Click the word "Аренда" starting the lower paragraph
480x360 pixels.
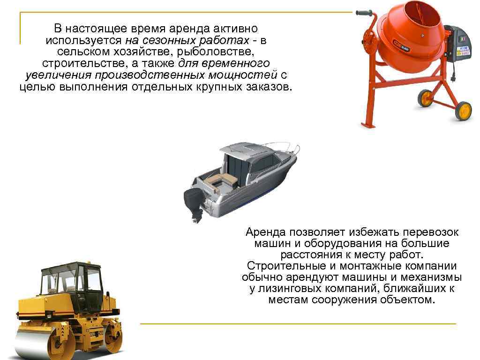pyautogui.click(x=265, y=232)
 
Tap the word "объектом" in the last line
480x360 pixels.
pyautogui.click(x=407, y=300)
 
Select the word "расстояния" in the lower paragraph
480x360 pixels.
pyautogui.click(x=311, y=255)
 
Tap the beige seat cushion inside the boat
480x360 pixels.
pyautogui.click(x=222, y=181)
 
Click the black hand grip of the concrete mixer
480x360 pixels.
pyautogui.click(x=365, y=13)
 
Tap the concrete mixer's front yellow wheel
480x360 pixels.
pyautogui.click(x=463, y=111)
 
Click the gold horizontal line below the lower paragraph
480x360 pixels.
pyautogui.click(x=298, y=323)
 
